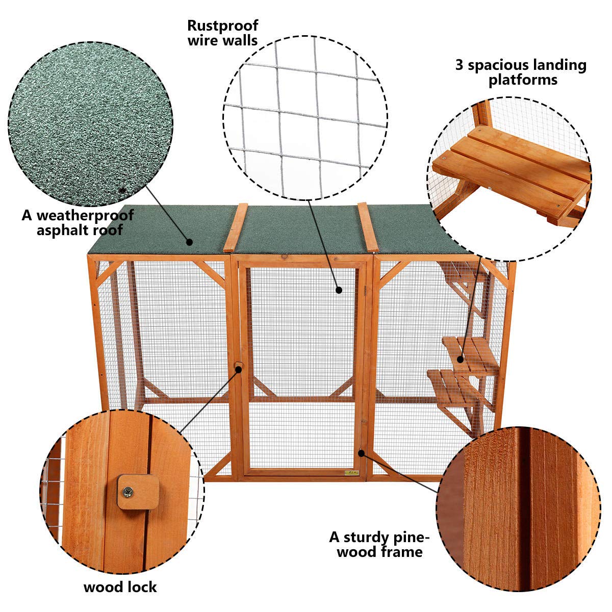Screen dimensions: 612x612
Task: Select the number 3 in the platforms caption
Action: click(x=459, y=65)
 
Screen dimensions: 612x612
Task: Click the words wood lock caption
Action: click(x=120, y=587)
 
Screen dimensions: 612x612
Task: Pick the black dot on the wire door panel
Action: click(x=339, y=290)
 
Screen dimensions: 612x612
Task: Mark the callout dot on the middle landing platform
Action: click(x=461, y=359)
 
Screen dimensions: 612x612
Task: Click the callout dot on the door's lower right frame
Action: click(x=362, y=452)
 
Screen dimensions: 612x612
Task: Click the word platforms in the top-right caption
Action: click(x=523, y=80)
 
